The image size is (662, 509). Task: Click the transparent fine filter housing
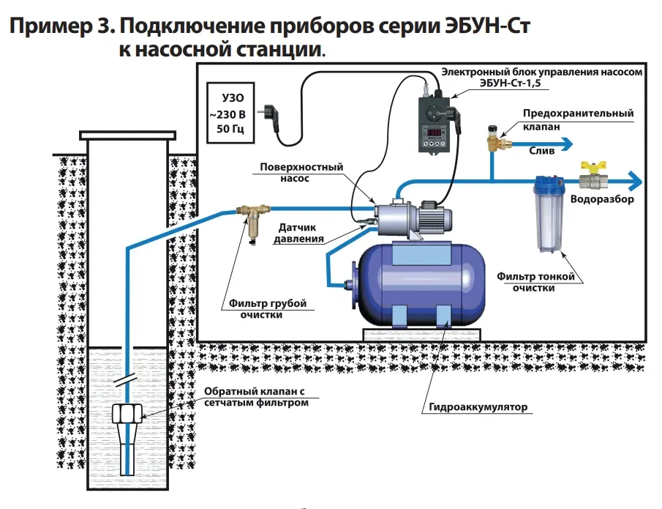546,216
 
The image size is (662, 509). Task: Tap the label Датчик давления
299,234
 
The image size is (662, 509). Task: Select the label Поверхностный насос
301,173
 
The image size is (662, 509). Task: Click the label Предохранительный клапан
578,120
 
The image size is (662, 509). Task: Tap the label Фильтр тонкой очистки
534,282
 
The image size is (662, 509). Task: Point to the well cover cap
127,134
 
